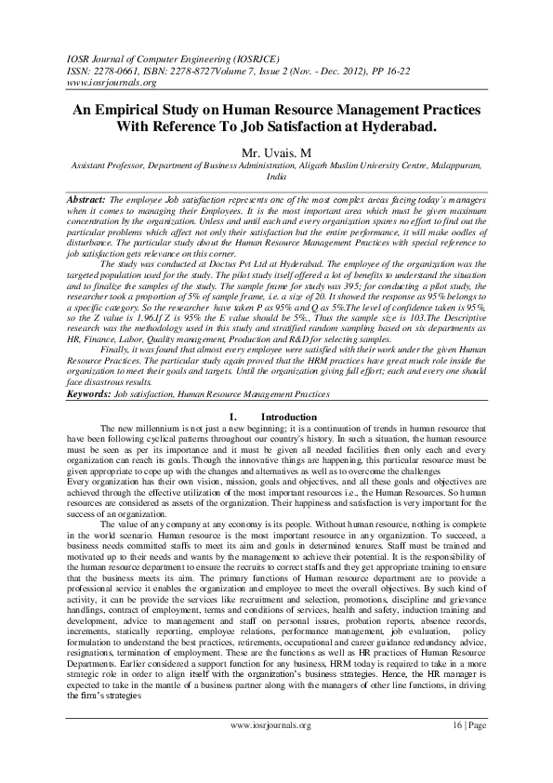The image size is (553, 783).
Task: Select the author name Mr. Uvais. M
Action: coord(276,150)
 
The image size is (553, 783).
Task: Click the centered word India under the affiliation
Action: coord(276,175)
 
